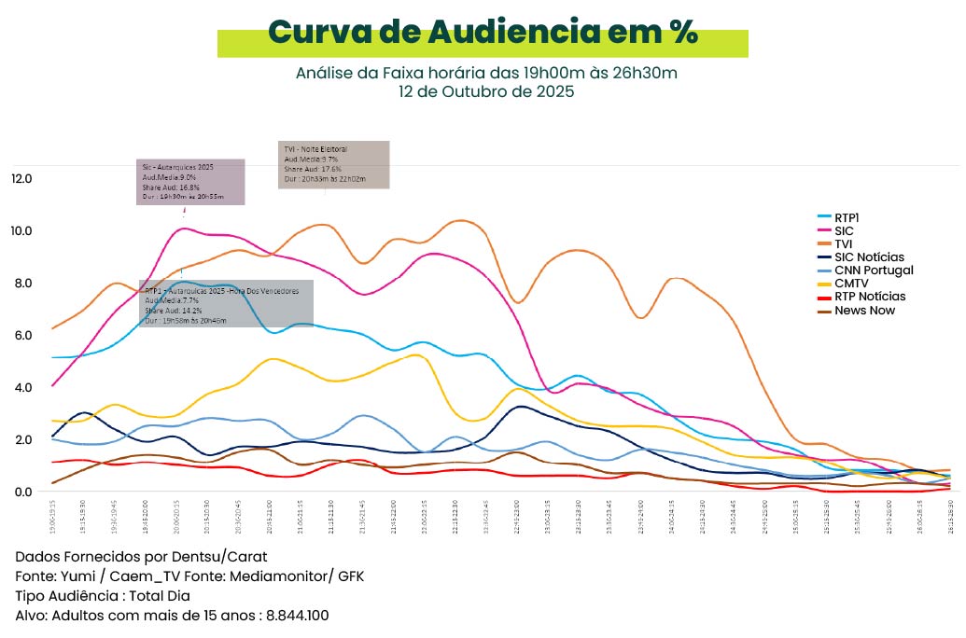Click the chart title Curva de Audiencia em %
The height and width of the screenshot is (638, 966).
coord(483,32)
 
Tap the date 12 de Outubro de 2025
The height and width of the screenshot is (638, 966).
coord(485,91)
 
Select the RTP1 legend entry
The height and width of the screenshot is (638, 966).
coord(847,217)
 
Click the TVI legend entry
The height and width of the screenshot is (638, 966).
coord(844,243)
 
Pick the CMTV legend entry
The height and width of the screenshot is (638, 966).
coord(849,284)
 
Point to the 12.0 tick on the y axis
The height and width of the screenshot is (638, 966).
coord(21,178)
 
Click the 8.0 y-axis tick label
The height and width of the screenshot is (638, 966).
coord(21,283)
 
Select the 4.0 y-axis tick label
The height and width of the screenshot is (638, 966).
coord(21,387)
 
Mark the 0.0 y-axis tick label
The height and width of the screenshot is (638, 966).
coord(21,492)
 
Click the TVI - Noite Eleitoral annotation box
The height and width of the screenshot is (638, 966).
coord(333,165)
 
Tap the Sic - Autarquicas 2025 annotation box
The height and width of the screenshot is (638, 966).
coord(190,182)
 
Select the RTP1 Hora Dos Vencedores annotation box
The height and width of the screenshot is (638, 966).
coord(226,303)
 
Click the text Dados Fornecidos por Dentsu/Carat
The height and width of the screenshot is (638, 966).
coord(141,557)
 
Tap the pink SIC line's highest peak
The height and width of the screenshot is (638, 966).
coord(184,228)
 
